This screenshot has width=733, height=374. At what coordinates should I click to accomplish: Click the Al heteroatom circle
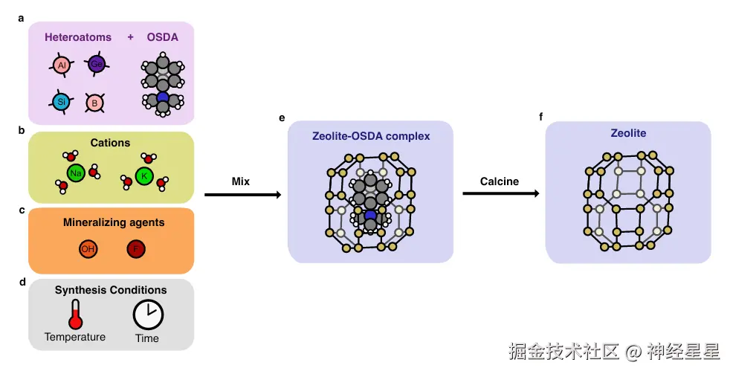tap(62, 66)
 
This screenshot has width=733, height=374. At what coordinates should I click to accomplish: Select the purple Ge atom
tap(96, 65)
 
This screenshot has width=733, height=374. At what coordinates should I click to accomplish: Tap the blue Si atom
tap(61, 100)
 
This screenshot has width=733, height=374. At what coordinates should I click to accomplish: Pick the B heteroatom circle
tap(95, 103)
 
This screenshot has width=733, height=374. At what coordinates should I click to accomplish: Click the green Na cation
tap(75, 173)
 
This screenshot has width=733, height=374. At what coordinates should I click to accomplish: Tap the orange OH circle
tap(88, 249)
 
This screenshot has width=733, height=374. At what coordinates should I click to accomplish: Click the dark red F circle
tap(135, 249)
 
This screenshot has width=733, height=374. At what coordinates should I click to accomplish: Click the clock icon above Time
tap(147, 315)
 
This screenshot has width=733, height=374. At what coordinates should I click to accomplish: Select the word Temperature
tap(75, 338)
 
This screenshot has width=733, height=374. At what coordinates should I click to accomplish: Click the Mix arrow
tap(242, 195)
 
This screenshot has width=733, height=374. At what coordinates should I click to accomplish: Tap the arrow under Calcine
tap(500, 193)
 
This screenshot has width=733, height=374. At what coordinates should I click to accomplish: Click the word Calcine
tap(500, 181)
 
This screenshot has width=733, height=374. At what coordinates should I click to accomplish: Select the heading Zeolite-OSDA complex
tap(370, 136)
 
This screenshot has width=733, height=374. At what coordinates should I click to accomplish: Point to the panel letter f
tap(541, 117)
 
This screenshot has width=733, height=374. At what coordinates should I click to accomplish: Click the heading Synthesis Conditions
tap(111, 290)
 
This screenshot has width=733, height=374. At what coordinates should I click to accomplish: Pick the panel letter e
tap(282, 117)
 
